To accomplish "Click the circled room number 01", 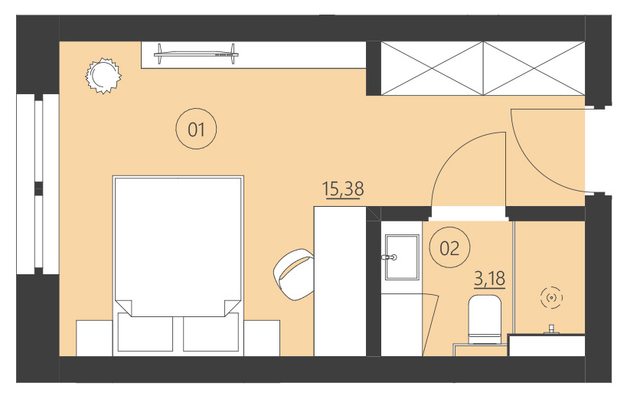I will (197, 129).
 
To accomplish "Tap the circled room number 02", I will (449, 247).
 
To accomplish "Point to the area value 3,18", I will (490, 278).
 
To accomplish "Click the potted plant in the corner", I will (102, 75).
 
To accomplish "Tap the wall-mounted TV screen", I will (194, 52).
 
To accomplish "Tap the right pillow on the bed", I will (213, 331).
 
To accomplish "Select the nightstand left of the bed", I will (94, 337).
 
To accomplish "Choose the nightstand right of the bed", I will (263, 337).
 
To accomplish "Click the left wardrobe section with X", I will (433, 68).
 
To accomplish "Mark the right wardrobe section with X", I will (534, 68).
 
